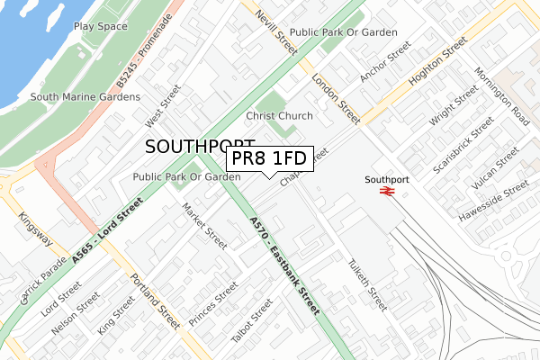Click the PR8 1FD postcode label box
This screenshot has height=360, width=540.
269,159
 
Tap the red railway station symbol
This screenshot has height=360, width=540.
387,191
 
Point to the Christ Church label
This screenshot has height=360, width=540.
279,116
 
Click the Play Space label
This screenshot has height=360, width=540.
100,27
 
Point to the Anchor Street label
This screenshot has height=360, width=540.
385,60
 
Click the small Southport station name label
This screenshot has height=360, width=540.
387,179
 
